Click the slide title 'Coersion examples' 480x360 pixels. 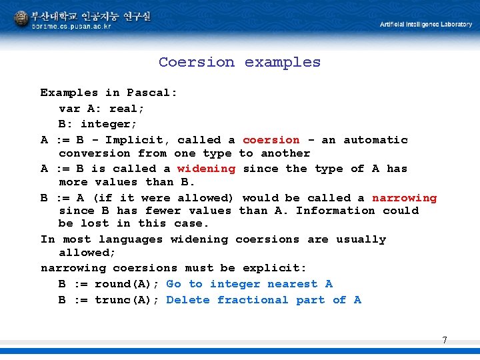coord(239,62)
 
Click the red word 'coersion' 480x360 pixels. coord(271,140)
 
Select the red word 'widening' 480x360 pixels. coord(206,169)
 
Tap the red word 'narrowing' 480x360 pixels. coord(404,198)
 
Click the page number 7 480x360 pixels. coord(445,341)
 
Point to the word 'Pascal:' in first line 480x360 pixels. coord(152,93)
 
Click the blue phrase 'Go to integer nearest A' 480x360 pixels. coord(249,284)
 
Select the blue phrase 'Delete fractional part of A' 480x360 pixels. coord(263,300)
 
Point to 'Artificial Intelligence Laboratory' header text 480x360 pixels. coord(426,25)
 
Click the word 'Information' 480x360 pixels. coord(335,211)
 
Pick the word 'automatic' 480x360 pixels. coord(375,140)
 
